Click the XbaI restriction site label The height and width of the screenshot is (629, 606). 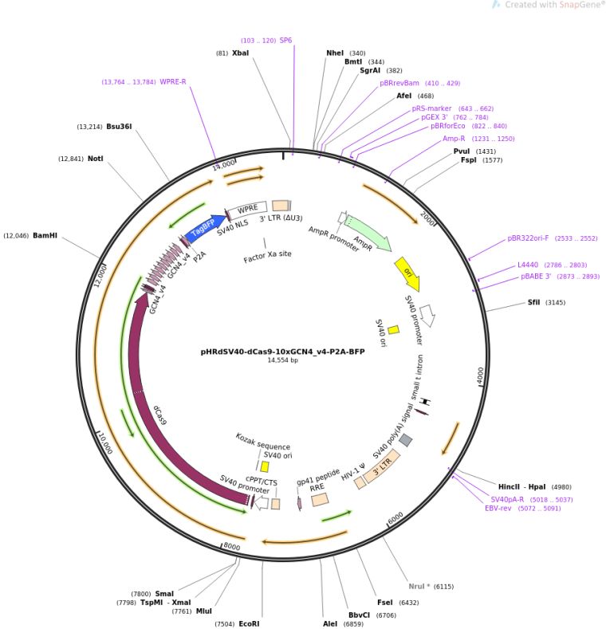240,53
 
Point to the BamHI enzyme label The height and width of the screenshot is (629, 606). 45,236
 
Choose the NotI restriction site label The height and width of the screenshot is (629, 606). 96,159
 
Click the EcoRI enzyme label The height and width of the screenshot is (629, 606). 249,623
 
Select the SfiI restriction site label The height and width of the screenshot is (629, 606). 533,302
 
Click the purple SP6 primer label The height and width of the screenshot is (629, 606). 285,40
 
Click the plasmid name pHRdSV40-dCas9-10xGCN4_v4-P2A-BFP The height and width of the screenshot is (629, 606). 282,351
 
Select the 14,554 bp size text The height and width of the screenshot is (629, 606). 282,360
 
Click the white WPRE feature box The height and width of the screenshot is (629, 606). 248,209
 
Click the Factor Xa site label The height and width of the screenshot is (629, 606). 268,257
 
